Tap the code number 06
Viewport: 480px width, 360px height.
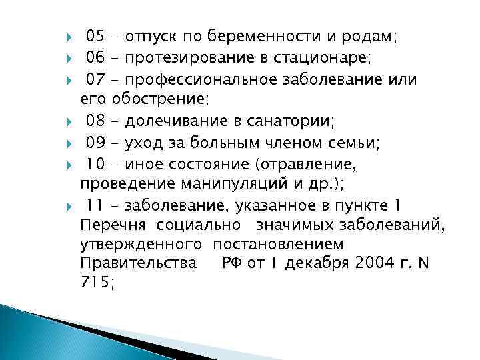point(96,58)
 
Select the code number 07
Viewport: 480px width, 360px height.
point(96,80)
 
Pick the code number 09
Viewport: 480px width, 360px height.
point(96,143)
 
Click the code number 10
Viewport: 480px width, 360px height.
point(95,165)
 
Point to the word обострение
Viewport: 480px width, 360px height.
point(160,101)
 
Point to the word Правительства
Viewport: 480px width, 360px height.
point(137,263)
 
